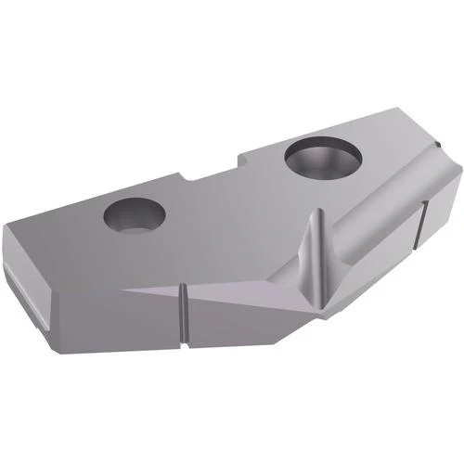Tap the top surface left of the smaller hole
[x=74, y=227]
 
